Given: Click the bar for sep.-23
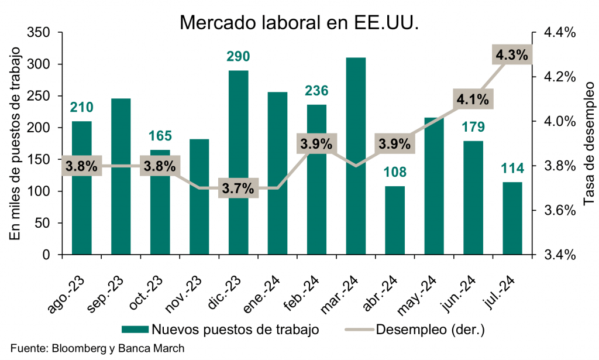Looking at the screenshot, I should tap(121, 176).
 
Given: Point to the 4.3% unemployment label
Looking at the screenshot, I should tap(512, 56).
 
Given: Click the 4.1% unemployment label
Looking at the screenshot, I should tap(473, 100).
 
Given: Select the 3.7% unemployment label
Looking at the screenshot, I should tap(239, 189).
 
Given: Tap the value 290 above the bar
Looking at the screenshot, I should tap(239, 57).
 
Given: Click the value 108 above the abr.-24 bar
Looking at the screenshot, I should tap(395, 173).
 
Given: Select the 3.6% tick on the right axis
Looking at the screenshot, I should tap(560, 211).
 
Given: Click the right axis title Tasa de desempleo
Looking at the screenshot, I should tap(588, 143).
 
